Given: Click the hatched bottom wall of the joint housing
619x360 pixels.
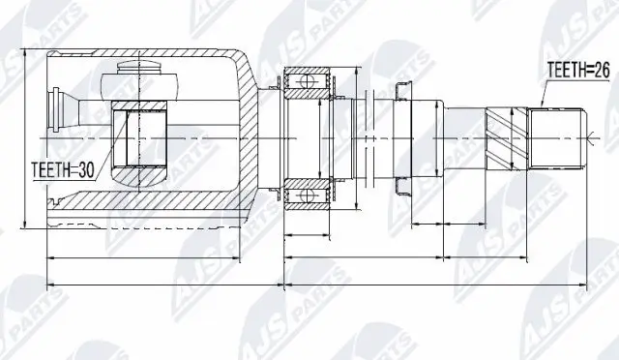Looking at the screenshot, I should (155, 201).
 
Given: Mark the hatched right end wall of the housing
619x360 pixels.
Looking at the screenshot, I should (256, 135).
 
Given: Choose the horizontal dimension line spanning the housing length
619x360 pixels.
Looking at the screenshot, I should (164, 259).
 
